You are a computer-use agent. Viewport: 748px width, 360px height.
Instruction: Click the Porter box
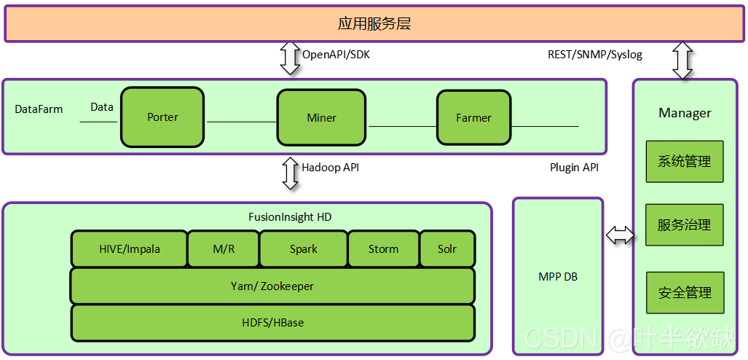pos(162,117)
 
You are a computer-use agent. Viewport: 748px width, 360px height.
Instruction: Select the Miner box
pos(321,117)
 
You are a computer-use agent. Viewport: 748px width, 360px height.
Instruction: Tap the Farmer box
pos(473,117)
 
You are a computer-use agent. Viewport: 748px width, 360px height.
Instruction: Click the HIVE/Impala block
pos(129,249)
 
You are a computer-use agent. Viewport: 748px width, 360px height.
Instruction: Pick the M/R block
pos(223,249)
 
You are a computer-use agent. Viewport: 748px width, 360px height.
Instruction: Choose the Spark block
pos(303,249)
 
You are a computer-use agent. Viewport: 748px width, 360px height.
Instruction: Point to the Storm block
pos(383,249)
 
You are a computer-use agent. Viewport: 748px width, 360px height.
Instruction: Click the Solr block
pos(447,249)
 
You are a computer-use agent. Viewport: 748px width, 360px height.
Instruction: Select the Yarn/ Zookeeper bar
pos(272,286)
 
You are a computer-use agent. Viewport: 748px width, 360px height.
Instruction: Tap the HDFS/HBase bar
pos(272,322)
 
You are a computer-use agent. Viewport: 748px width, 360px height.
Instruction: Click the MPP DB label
pos(557,276)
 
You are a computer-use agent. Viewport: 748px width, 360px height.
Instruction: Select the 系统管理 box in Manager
pos(685,162)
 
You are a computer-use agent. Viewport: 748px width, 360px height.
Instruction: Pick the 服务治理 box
pos(685,225)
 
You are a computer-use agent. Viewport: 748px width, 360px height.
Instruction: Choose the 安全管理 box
pos(685,293)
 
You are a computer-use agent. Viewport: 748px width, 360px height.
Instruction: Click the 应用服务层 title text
pos(374,23)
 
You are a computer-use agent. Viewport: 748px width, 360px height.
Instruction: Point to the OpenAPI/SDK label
pos(336,55)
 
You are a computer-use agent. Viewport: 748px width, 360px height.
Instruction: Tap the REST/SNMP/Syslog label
pos(595,55)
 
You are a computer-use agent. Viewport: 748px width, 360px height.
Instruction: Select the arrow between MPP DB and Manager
pos(620,235)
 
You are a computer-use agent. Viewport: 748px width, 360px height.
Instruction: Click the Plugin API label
pos(574,168)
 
